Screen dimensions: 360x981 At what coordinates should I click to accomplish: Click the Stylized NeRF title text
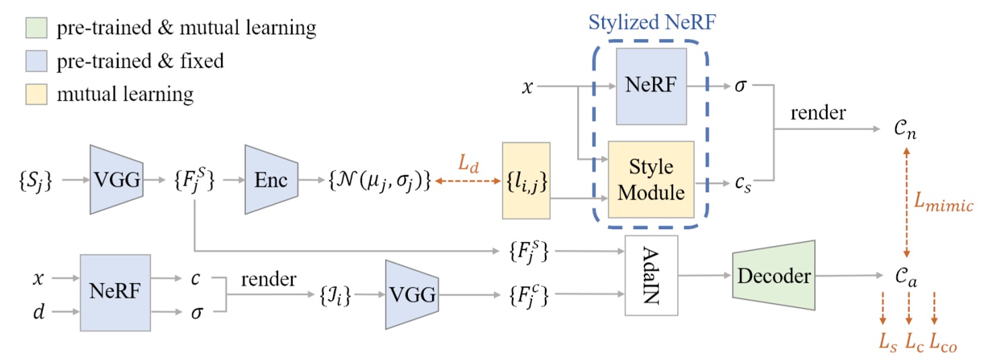click(x=652, y=21)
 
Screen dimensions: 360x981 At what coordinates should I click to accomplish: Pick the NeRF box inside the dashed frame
click(x=650, y=87)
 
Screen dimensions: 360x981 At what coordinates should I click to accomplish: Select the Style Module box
click(x=650, y=179)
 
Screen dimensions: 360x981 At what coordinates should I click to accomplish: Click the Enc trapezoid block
click(x=271, y=179)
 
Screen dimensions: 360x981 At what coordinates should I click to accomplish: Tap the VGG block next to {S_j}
click(x=116, y=179)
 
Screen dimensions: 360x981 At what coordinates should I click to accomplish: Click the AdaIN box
click(x=651, y=275)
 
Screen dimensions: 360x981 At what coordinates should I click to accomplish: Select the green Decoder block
click(x=773, y=275)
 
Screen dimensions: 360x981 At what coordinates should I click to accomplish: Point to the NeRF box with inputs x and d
click(x=115, y=293)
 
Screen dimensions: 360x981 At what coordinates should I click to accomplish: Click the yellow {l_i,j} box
click(x=526, y=180)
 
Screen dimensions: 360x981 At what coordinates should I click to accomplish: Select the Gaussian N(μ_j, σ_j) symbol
click(x=380, y=180)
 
